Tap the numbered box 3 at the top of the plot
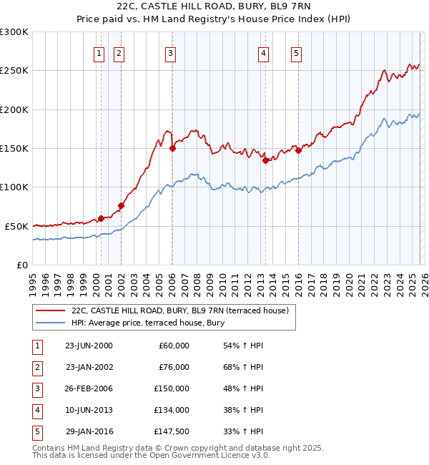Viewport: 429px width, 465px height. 171,52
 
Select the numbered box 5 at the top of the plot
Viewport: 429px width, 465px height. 296,52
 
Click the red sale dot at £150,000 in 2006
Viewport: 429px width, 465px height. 172,149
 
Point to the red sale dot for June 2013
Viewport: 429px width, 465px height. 265,161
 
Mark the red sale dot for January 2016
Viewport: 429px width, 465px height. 298,150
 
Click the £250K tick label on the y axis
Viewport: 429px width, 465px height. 14,71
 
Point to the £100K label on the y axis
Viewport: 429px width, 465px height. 14,187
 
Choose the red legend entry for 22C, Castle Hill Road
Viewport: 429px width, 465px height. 179,310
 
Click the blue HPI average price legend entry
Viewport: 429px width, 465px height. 147,323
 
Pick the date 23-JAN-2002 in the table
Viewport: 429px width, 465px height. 89,367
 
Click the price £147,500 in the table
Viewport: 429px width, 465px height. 172,431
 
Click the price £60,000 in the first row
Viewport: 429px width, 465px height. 174,346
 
